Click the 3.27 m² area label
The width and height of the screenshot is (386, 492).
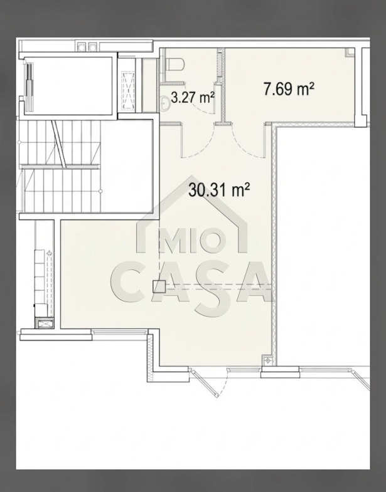point(193,98)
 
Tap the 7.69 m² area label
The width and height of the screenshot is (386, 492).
point(289,88)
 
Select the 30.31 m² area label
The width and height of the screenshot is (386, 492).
point(219,189)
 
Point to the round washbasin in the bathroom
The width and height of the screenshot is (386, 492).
point(164,103)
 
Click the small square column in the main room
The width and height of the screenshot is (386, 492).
point(159,286)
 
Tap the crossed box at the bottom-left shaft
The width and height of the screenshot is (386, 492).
point(45,323)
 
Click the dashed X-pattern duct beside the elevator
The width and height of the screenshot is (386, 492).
point(128,91)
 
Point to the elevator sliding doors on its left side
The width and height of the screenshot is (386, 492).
point(29,86)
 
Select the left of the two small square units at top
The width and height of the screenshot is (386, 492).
point(82,47)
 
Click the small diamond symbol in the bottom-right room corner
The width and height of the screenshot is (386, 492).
point(267,360)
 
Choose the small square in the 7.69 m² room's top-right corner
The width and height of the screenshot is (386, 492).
point(349,52)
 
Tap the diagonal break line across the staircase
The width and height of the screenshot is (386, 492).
point(59,144)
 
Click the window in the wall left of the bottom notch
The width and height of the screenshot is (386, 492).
point(119,332)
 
